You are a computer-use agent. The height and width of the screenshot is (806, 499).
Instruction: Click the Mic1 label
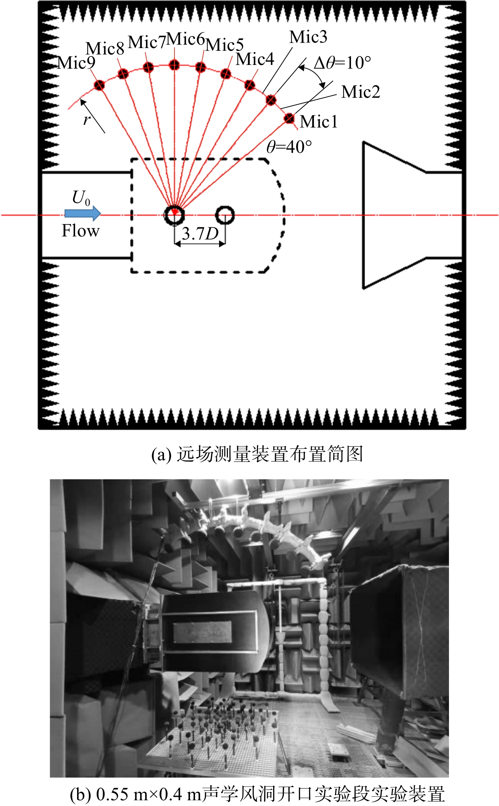[319, 122]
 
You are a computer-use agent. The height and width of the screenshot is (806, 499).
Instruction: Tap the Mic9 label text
[76, 63]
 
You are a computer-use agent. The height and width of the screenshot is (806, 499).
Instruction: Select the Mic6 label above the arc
[186, 39]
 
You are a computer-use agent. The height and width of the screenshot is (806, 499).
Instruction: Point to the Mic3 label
[308, 37]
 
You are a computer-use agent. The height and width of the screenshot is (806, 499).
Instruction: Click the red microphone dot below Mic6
[174, 65]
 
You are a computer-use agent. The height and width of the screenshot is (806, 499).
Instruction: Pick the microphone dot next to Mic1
[289, 118]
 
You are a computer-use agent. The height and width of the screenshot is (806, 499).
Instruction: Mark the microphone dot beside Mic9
[99, 85]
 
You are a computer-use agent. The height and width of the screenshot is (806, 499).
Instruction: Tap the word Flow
[80, 231]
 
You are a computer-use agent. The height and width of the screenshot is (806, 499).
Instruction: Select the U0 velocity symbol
[81, 198]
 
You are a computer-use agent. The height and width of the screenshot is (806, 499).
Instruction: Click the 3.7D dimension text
[200, 233]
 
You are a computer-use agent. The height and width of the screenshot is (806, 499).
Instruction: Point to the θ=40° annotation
[289, 147]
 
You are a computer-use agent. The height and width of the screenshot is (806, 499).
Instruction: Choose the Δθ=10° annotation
[342, 63]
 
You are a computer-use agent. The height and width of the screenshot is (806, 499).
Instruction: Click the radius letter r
[87, 120]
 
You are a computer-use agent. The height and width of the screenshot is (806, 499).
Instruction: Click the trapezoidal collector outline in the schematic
[363, 215]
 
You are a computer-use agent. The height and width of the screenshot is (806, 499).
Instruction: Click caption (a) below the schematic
[257, 454]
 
